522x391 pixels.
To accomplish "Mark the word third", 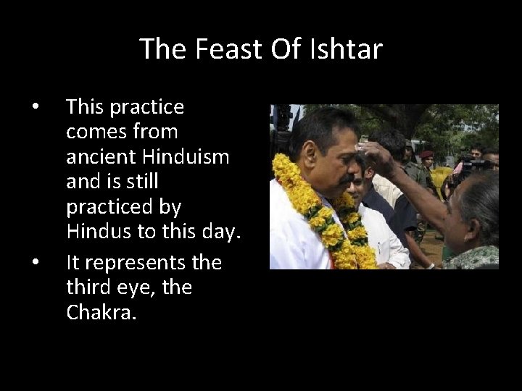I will (x=89, y=288).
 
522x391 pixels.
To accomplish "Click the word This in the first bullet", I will (x=85, y=108).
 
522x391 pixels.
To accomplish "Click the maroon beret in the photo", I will (x=426, y=155).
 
